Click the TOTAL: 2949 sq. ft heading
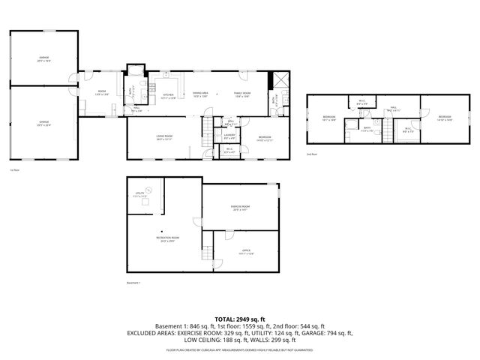pos(240,319)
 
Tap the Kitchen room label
pos(169,95)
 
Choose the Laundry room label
pos(229,136)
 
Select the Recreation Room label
pos(166,238)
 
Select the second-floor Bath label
pos(367,128)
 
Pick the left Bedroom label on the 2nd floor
pos(328,118)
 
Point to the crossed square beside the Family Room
pos(280,81)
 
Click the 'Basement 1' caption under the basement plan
pos(134,283)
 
